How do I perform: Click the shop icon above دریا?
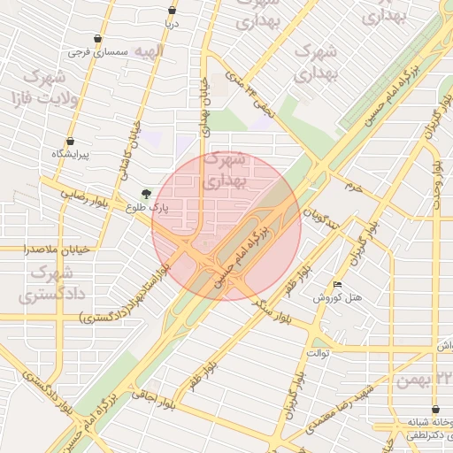point(172,11)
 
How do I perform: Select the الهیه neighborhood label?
point(144,51)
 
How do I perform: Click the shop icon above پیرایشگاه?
point(70,141)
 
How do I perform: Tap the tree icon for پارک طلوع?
point(146,194)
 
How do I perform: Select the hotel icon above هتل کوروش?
point(338,284)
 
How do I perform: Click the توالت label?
point(318,353)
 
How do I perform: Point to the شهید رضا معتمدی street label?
point(343,408)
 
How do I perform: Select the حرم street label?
point(353,188)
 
